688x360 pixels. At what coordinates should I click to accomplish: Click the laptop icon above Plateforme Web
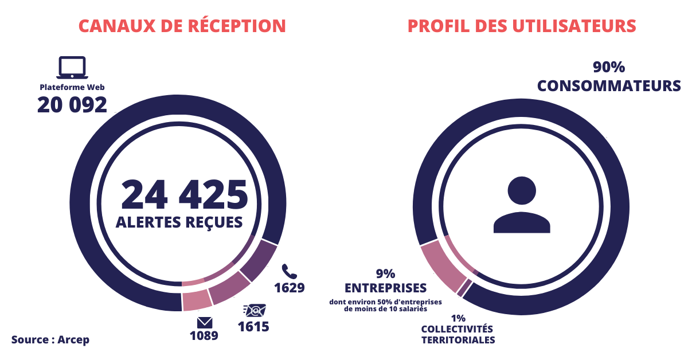tap(72, 68)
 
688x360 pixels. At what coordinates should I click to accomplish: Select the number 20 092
tap(72, 105)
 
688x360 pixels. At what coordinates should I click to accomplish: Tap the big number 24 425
tap(184, 194)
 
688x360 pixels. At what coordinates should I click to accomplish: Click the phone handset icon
tap(288, 271)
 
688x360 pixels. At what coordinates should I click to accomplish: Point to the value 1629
tap(289, 287)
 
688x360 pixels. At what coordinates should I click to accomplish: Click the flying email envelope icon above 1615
tap(254, 310)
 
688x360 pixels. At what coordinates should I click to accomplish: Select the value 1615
tap(253, 327)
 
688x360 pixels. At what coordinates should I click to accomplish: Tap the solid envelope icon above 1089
tap(205, 323)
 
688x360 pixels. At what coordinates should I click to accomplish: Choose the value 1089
tap(204, 335)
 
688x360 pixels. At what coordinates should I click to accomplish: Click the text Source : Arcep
tap(50, 339)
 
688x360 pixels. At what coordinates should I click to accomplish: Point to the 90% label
tap(608, 68)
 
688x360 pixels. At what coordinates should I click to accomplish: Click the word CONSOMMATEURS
tap(609, 86)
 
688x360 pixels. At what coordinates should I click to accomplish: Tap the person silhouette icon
tap(521, 205)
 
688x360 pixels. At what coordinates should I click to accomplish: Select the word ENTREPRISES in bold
tap(385, 287)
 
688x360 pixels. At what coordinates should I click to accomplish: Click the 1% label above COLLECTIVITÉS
tap(458, 318)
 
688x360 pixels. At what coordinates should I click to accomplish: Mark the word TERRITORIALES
tap(458, 339)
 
